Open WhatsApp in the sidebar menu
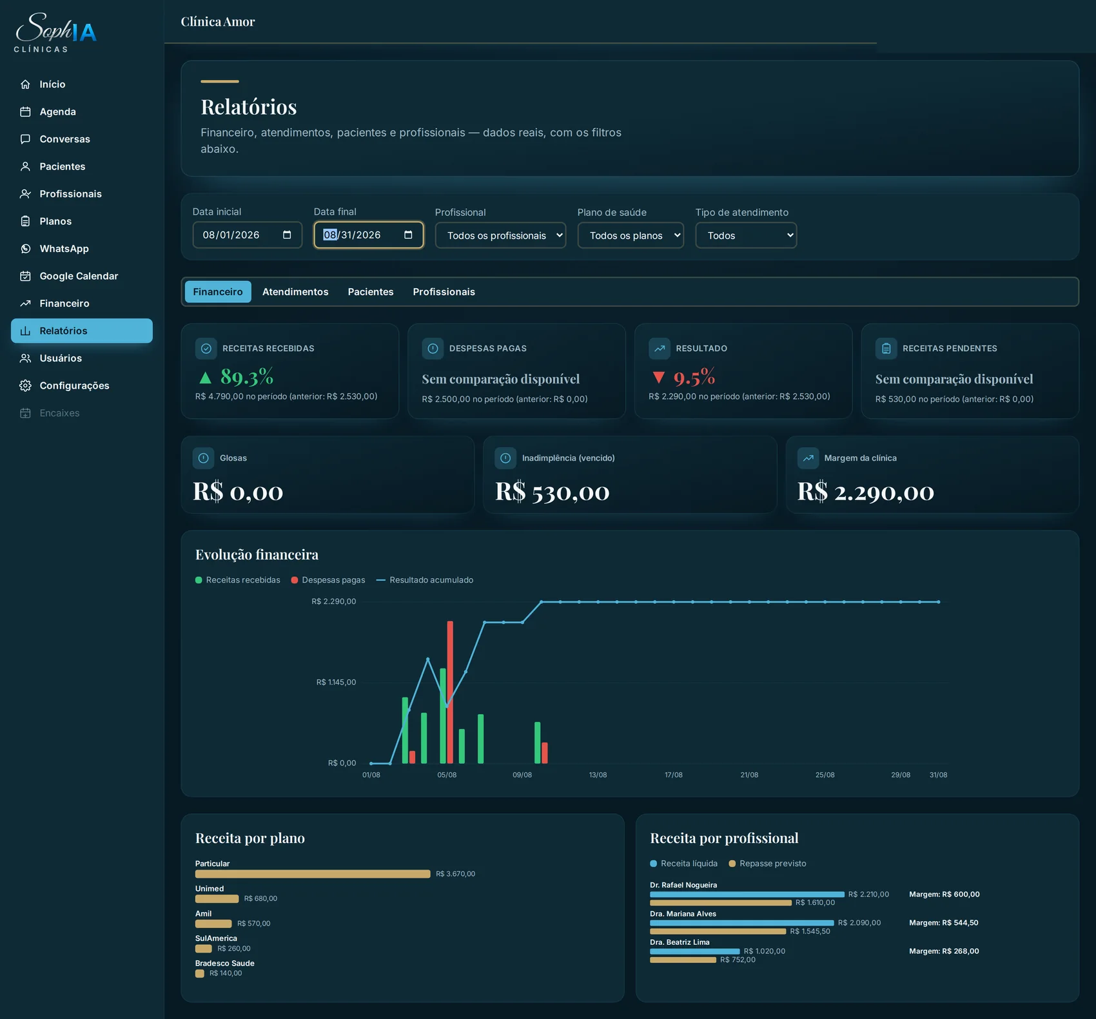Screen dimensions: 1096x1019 64,249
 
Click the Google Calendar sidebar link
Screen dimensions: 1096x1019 79,276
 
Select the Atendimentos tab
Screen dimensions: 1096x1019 295,292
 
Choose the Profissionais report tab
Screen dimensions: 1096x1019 444,292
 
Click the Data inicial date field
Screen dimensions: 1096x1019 247,235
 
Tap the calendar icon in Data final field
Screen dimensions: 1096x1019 408,235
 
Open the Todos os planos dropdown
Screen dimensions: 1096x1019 631,235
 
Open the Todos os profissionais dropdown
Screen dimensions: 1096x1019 500,235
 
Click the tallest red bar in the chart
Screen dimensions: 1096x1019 450,692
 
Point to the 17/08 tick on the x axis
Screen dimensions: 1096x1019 673,775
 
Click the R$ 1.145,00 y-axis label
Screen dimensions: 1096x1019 336,682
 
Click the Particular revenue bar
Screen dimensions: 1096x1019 313,874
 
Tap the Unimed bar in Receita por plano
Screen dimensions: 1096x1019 217,898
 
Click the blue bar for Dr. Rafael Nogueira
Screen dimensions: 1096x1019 747,895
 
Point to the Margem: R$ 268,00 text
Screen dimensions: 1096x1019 944,951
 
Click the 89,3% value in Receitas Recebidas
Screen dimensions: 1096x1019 247,376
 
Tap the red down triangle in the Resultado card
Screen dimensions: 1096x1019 658,377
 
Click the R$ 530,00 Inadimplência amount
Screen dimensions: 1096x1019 552,491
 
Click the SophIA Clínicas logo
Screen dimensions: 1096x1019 55,32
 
